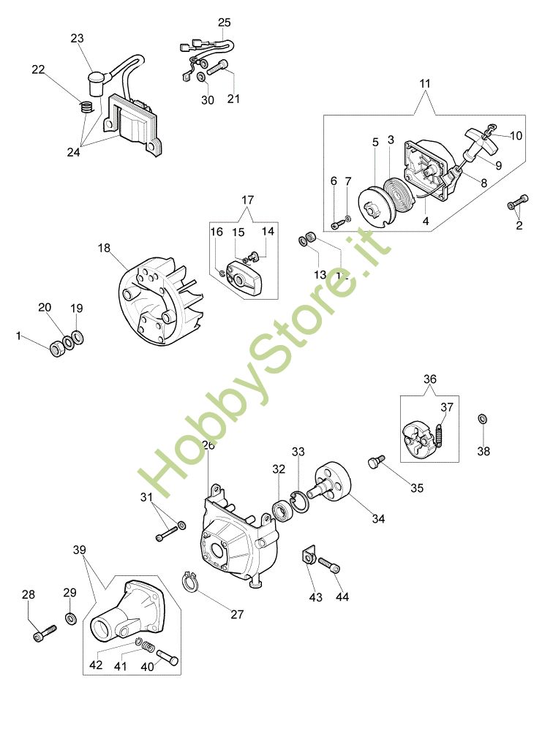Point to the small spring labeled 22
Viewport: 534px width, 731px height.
tap(86, 107)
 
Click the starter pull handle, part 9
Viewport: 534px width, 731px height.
tap(475, 141)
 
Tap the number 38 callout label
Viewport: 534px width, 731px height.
tap(484, 451)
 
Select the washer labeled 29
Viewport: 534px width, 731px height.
tap(71, 619)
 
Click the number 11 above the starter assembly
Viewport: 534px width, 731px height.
tap(425, 85)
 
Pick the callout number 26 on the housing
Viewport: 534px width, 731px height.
tap(208, 444)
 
